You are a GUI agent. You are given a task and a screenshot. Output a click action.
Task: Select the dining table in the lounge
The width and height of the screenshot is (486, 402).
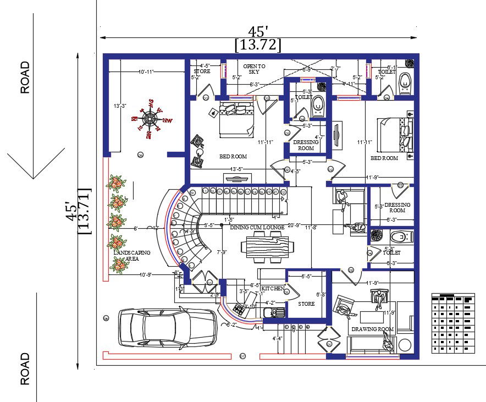264,242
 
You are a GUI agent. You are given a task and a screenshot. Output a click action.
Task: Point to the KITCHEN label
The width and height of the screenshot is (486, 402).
273,288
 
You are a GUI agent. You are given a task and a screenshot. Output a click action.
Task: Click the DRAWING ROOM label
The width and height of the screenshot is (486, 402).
373,329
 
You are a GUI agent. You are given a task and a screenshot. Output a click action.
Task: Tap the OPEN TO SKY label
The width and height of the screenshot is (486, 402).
254,69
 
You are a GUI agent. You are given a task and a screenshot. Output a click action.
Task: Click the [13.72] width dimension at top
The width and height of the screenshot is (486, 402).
257,45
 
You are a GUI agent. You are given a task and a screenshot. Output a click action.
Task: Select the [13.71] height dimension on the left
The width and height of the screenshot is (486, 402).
85,211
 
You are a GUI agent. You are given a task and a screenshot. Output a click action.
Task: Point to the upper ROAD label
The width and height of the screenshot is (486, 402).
25,78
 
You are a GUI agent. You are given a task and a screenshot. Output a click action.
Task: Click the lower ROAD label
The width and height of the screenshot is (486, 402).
25,368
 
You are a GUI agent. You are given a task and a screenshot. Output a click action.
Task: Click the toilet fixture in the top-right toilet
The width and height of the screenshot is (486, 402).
404,82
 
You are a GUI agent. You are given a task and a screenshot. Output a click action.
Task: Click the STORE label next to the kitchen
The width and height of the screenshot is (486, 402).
306,304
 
